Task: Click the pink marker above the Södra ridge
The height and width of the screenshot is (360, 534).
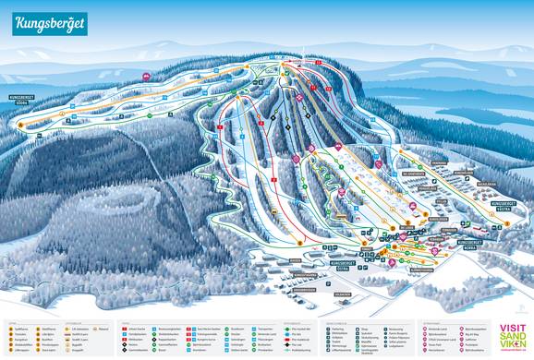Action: click(146, 75)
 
